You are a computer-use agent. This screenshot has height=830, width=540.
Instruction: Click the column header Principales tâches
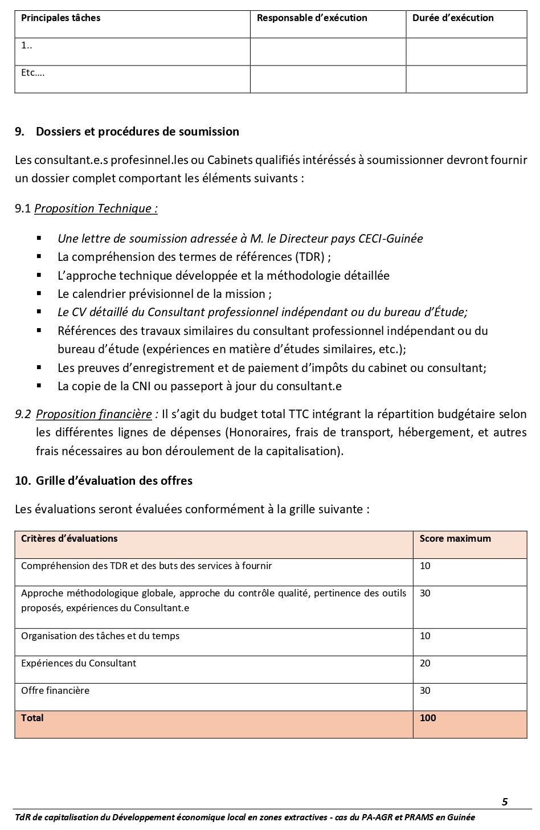click(60, 18)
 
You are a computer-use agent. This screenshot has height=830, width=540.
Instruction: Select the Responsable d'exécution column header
click(312, 18)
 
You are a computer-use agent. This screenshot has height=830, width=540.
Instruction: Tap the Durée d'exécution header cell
click(453, 18)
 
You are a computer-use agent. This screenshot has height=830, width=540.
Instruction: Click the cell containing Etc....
click(33, 72)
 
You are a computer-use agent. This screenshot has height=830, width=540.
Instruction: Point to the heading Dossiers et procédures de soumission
click(137, 132)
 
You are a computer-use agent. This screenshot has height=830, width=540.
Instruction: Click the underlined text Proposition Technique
click(96, 208)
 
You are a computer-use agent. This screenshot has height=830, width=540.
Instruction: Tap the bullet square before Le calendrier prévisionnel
click(39, 294)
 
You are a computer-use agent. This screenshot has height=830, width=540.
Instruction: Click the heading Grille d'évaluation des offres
click(114, 481)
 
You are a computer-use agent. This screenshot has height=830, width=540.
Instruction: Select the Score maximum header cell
click(455, 538)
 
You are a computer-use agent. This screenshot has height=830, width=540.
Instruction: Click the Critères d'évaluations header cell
click(69, 538)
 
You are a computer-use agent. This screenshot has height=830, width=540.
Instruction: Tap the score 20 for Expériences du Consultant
click(425, 663)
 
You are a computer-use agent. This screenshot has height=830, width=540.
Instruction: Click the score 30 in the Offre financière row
click(425, 690)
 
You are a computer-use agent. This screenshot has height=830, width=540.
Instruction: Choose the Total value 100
click(427, 718)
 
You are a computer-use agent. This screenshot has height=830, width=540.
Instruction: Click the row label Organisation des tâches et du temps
click(100, 636)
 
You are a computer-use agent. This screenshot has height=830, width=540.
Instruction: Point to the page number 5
click(505, 802)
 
